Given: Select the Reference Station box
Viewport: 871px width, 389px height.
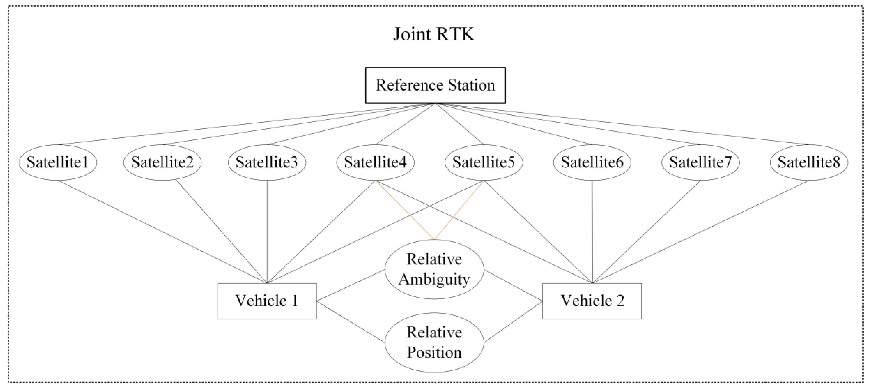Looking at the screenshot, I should pos(435,85).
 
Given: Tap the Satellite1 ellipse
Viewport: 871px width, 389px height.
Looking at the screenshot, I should pos(58,162).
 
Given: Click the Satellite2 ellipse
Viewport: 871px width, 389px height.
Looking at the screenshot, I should pos(162,162).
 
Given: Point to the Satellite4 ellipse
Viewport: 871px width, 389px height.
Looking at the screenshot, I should pos(375,162).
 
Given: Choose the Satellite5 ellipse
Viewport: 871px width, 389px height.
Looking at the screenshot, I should pos(484,162).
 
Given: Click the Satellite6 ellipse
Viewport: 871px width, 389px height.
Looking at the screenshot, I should pos(592,162).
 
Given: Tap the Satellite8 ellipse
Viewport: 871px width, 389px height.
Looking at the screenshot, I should pos(809,162).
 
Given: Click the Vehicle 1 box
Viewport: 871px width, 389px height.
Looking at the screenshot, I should pos(267,301).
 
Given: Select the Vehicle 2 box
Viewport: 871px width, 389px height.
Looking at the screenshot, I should pos(592,301).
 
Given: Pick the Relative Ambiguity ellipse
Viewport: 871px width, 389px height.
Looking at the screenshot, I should pos(434,269).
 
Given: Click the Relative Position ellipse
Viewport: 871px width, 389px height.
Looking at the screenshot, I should pos(434,342).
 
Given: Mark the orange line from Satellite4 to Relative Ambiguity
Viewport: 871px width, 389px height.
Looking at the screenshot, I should pos(405,210).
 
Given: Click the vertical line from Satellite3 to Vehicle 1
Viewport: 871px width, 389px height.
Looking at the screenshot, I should pos(267,231).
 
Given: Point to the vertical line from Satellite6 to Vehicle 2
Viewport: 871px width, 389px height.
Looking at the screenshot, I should pos(592,231).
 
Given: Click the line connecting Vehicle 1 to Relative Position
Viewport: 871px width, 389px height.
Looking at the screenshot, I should pos(351,321).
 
